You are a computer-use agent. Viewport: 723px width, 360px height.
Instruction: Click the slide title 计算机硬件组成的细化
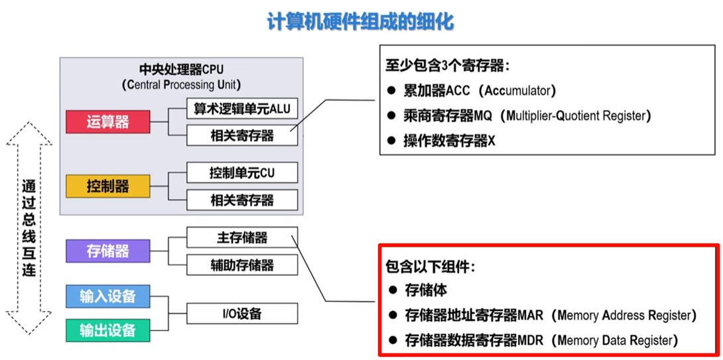tap(361, 22)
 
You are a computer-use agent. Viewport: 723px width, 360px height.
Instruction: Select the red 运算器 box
tap(107, 122)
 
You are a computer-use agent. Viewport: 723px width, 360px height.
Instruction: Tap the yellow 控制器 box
tap(107, 186)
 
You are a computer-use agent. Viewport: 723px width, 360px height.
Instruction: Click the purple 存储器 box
tap(107, 251)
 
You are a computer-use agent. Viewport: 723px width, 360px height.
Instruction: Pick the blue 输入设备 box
tap(107, 296)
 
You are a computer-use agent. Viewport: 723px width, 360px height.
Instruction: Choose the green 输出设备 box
tap(107, 330)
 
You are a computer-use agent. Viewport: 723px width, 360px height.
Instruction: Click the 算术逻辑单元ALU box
tap(241, 109)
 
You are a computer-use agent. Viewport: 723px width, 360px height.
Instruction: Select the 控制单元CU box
tap(241, 173)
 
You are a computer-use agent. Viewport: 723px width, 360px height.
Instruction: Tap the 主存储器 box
tap(241, 237)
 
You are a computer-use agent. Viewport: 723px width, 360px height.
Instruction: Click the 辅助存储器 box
tap(241, 265)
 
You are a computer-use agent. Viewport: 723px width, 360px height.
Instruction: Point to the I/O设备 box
tap(241, 314)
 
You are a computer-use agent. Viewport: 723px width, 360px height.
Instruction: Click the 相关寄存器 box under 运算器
tap(241, 135)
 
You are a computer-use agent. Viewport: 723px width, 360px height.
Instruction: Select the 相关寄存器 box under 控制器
tap(241, 200)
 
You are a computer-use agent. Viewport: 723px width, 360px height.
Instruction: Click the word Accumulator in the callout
tap(519, 90)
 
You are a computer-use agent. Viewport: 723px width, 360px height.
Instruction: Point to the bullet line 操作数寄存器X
tap(449, 141)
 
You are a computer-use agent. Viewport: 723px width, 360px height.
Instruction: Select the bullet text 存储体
tap(426, 290)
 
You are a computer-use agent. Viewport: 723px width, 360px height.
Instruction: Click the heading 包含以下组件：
tap(430, 267)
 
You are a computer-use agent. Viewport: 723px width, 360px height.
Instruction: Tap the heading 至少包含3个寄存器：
tap(447, 66)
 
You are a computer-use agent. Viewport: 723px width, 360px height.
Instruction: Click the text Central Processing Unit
tap(182, 85)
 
